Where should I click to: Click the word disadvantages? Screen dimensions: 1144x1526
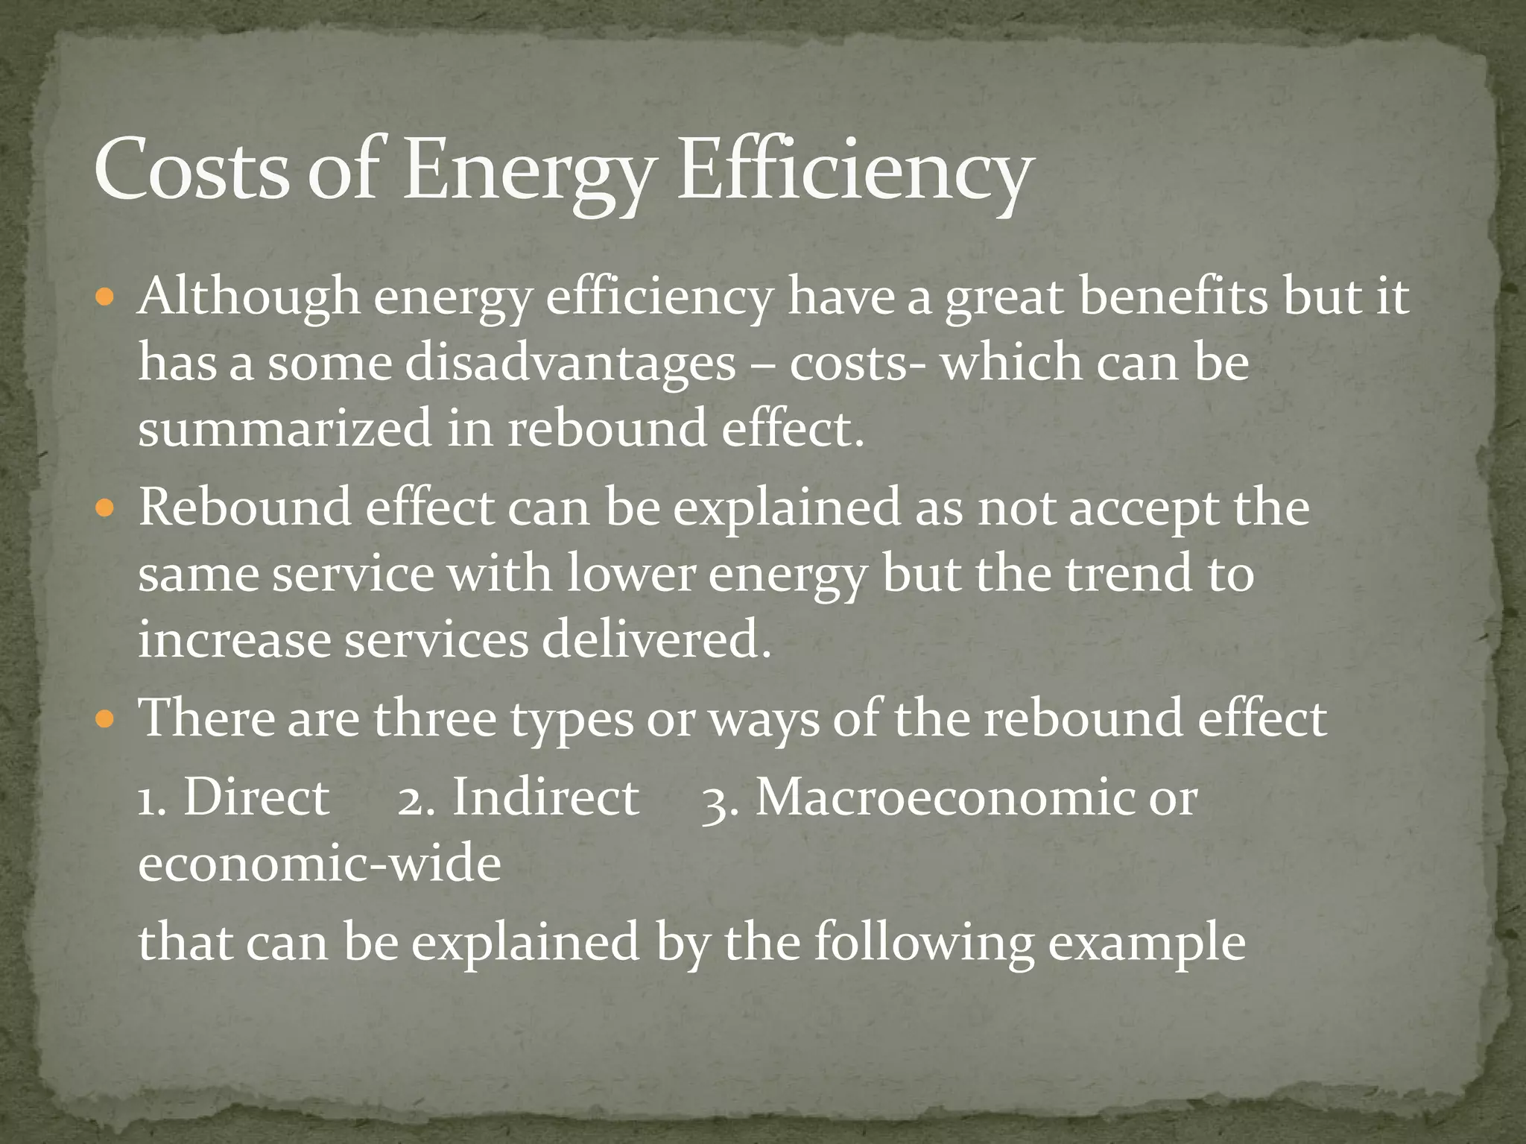570,364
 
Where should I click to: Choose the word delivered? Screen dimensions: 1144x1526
656,640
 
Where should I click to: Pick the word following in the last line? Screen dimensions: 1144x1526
923,942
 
